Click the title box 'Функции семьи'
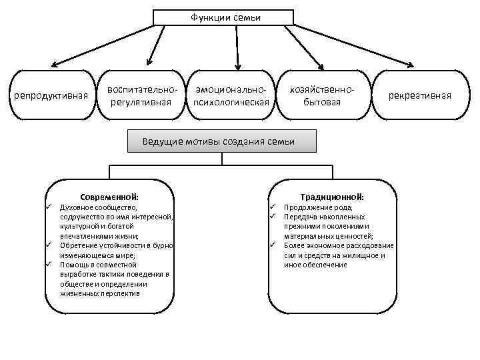pos(224,17)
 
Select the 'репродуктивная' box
pos(51,95)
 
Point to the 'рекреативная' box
pos(421,95)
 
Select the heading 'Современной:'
pos(109,197)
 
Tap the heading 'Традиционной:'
pos(332,197)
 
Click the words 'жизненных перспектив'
pos(100,293)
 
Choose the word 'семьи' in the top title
pos(247,17)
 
